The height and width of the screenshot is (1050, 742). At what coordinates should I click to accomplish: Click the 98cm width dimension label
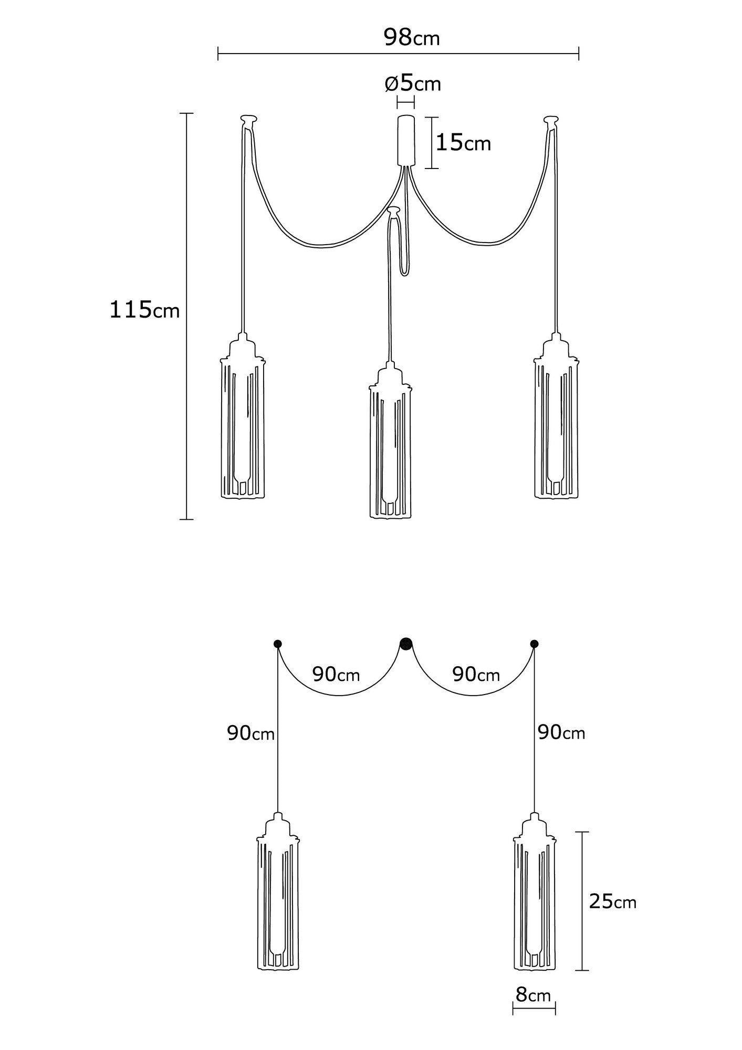tap(412, 37)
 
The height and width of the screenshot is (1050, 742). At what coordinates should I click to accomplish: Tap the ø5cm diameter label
tap(413, 83)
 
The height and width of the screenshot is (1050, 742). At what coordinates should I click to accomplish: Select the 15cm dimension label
tap(463, 142)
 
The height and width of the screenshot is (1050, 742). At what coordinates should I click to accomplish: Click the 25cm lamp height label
tap(613, 901)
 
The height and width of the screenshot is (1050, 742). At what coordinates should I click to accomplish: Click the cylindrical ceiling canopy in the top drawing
tap(405, 141)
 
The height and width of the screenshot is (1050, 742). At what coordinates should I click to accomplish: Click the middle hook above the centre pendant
tap(394, 211)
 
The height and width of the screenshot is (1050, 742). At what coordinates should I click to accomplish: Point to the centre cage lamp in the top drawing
tap(391, 440)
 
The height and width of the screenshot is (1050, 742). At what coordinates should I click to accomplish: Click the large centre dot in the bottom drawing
tap(406, 644)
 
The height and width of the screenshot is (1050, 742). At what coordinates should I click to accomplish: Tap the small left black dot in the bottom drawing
tap(277, 644)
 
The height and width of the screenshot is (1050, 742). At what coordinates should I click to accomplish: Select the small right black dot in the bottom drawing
tap(535, 644)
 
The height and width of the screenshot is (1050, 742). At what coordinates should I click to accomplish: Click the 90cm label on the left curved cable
tap(336, 675)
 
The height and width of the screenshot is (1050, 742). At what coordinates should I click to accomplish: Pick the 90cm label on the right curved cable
tap(476, 675)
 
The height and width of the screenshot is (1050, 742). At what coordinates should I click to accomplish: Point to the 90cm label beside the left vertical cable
tap(251, 733)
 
